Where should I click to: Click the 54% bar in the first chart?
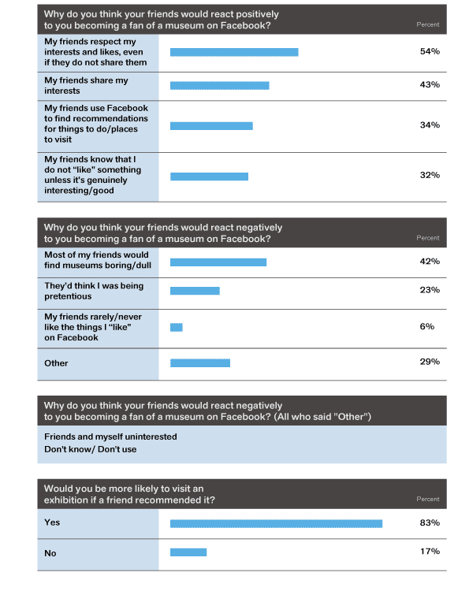click(x=234, y=52)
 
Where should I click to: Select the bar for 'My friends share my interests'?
click(x=219, y=86)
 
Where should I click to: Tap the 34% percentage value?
click(x=430, y=125)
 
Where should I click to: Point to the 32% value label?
click(x=430, y=175)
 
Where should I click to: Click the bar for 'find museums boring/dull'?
click(x=218, y=262)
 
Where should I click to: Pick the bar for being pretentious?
click(x=195, y=291)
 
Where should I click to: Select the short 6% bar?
click(x=176, y=327)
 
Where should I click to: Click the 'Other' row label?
click(x=56, y=363)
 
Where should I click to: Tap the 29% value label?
click(x=430, y=362)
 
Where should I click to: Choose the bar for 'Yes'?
click(x=276, y=523)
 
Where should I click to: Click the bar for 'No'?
click(x=188, y=552)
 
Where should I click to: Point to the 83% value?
click(x=430, y=522)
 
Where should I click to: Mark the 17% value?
click(x=430, y=552)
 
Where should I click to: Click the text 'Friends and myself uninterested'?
click(x=110, y=437)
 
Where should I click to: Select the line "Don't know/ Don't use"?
click(x=91, y=449)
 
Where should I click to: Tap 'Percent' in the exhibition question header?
click(x=428, y=499)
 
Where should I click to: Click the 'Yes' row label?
click(x=52, y=522)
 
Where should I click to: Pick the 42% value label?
click(x=430, y=262)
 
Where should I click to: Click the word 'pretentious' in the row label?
click(x=68, y=296)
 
